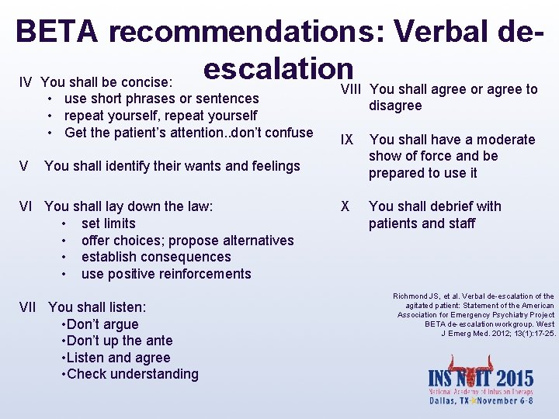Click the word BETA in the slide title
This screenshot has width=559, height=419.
pyautogui.click(x=57, y=32)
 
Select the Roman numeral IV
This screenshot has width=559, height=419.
pyautogui.click(x=25, y=81)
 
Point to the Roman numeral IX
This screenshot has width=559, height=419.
pyautogui.click(x=346, y=140)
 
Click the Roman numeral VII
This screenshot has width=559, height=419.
pyautogui.click(x=29, y=307)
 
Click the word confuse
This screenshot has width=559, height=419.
pyautogui.click(x=286, y=132)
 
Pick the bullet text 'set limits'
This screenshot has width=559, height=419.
pyautogui.click(x=108, y=223)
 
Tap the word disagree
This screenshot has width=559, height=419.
pyautogui.click(x=395, y=106)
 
